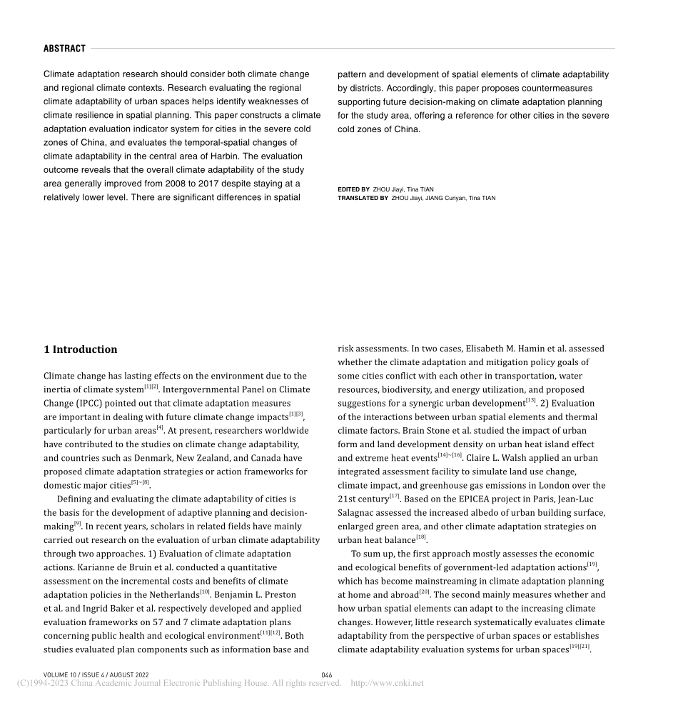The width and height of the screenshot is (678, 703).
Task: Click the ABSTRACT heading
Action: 64,49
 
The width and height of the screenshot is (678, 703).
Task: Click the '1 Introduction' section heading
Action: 80,349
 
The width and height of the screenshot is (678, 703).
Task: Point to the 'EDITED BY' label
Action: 353,189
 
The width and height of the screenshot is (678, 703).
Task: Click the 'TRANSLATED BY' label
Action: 363,198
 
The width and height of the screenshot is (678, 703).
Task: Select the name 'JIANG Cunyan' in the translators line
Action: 446,198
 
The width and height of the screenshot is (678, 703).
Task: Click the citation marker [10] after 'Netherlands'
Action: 205,592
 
